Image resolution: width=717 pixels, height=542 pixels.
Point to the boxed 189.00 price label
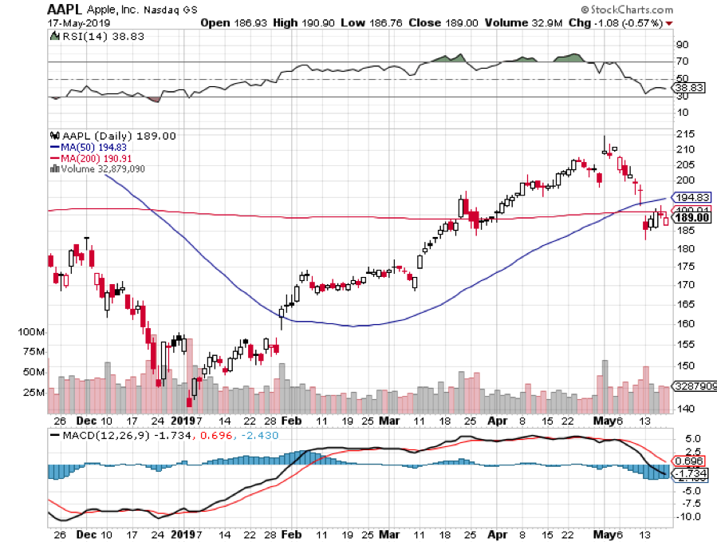click(691, 218)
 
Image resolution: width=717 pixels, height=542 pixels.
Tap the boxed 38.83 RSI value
click(688, 88)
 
